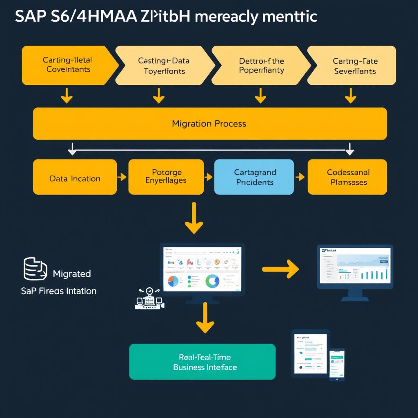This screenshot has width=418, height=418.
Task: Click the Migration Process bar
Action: [209, 123]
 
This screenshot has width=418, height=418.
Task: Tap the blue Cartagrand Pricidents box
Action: [254, 177]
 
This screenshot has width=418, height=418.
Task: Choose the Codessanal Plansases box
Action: [347, 177]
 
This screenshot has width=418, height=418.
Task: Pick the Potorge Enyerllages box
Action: [166, 177]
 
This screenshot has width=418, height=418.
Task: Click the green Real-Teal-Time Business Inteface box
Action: [202, 362]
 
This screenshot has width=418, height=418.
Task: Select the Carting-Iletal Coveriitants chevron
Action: [67, 65]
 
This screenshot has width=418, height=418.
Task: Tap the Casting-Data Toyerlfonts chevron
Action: [163, 65]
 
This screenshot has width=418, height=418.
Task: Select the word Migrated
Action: [72, 273]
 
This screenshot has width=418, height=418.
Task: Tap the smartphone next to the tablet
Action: [337, 364]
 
